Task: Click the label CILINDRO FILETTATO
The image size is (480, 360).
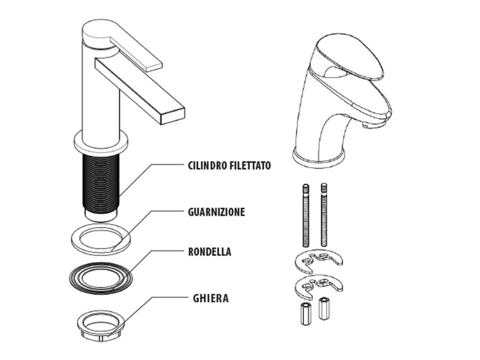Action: pyautogui.click(x=229, y=165)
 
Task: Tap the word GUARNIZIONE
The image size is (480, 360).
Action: pyautogui.click(x=217, y=212)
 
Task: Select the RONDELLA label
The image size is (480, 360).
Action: pyautogui.click(x=210, y=252)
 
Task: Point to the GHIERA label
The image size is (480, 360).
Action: pyautogui.click(x=210, y=298)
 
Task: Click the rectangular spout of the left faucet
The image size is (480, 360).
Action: pyautogui.click(x=141, y=90)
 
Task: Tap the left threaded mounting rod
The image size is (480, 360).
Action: pyautogui.click(x=306, y=215)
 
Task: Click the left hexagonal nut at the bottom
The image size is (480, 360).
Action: pyautogui.click(x=304, y=314)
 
